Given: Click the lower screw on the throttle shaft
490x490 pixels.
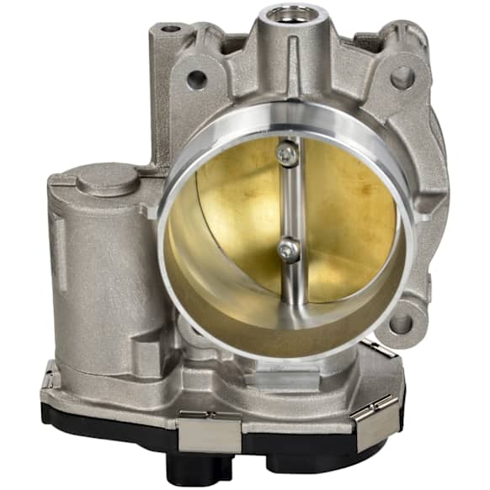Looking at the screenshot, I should tap(288, 249).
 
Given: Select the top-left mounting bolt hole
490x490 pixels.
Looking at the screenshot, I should tap(196, 79).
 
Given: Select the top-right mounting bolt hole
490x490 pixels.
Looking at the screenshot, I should tap(402, 77).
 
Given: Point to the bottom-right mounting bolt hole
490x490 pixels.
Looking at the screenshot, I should tap(402, 322).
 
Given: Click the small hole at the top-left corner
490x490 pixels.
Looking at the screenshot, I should tap(172, 29).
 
